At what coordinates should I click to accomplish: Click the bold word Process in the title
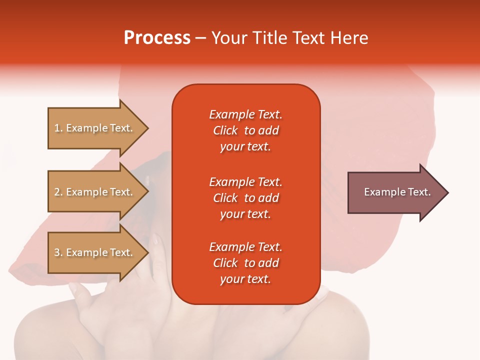click(157, 38)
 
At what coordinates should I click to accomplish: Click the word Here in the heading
click(349, 38)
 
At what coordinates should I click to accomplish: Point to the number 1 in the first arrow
click(57, 128)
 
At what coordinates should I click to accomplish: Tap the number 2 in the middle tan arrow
click(57, 192)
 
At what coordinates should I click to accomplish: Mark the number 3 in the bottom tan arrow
click(57, 252)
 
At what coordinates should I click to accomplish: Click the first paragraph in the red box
click(245, 130)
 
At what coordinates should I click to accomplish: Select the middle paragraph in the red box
click(245, 198)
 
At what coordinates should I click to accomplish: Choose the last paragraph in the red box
click(245, 263)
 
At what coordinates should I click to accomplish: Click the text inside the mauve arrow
click(397, 192)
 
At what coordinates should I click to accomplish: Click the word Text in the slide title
click(309, 38)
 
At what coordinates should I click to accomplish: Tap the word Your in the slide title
click(229, 38)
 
